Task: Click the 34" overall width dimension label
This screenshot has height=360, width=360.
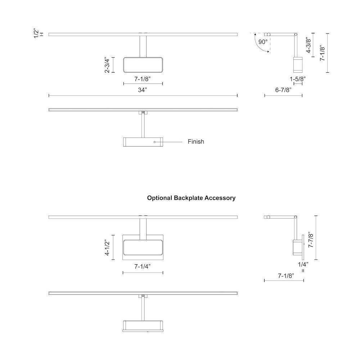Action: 143,90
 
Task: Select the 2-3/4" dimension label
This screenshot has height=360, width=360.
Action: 107,65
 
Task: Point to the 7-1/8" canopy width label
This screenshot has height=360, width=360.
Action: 143,78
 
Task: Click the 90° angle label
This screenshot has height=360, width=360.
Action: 263,42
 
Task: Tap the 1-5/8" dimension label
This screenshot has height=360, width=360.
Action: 298,78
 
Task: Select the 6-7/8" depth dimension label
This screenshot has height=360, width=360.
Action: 283,90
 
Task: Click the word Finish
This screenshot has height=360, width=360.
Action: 196,141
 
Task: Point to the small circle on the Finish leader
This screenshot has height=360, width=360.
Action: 154,142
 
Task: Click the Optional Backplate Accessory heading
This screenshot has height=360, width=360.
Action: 191,198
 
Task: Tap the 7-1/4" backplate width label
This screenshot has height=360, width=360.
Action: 143,266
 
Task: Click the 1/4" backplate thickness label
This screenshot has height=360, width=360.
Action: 303,264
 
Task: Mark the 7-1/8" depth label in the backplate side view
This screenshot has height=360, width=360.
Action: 286,276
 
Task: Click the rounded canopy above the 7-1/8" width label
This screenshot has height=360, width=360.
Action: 143,65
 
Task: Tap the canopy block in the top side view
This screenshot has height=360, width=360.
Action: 298,65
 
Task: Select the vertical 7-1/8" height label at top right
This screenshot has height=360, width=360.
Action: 323,53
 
